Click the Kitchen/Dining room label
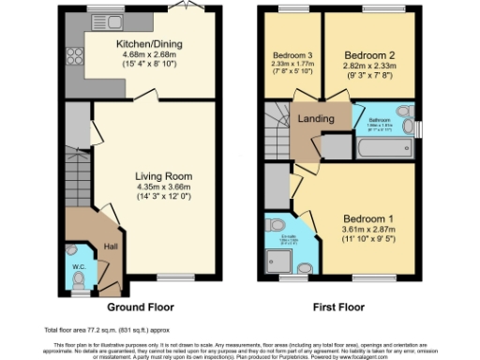point(148,44)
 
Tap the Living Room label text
point(163,175)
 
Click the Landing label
point(309,119)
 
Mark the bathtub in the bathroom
point(382,148)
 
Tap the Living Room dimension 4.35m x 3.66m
point(163,187)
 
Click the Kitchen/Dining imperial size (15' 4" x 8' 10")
point(148,66)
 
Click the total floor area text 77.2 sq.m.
point(94,331)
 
